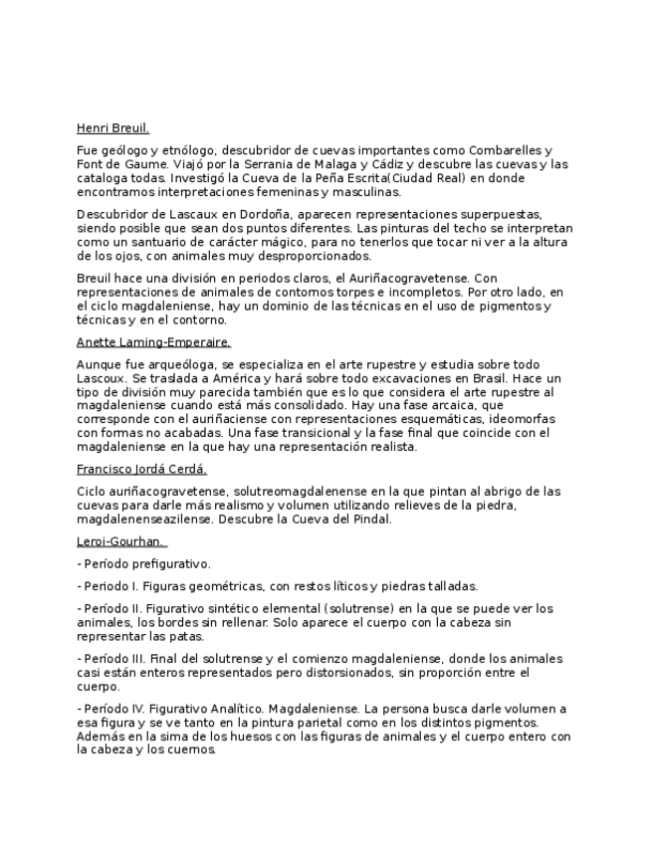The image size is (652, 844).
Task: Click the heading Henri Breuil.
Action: pos(112,128)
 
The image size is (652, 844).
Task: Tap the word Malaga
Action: pos(303,164)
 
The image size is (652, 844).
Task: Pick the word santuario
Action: pos(157,242)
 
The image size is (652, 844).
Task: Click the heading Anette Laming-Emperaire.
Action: pos(153,341)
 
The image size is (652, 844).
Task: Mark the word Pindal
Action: pos(370,519)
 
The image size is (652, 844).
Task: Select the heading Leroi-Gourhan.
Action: pos(119,541)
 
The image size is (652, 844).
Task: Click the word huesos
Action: pos(227,737)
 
